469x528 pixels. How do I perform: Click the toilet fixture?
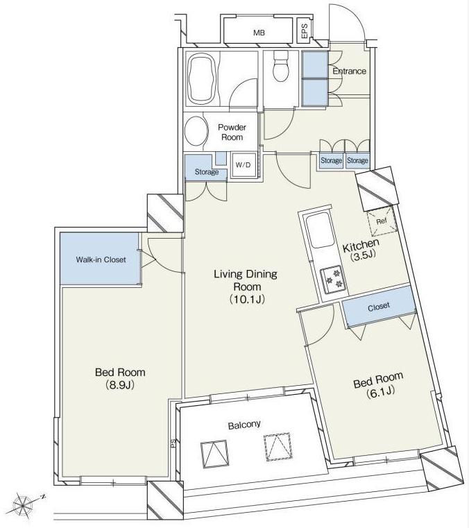pyautogui.click(x=281, y=66)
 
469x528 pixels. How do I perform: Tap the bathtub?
pyautogui.click(x=201, y=79)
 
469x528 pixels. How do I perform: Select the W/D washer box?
pyautogui.click(x=244, y=164)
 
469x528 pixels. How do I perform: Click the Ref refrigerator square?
pyautogui.click(x=382, y=221)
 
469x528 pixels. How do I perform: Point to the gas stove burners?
pyautogui.click(x=333, y=278)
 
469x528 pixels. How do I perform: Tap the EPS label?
pyautogui.click(x=305, y=31)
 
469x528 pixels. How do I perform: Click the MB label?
pyautogui.click(x=259, y=33)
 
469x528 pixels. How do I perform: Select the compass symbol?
pyautogui.click(x=24, y=504)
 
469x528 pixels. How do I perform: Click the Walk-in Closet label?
pyautogui.click(x=101, y=259)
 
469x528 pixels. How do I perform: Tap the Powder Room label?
pyautogui.click(x=232, y=132)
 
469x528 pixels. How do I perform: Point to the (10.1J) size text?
pyautogui.click(x=247, y=299)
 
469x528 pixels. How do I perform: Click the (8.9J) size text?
pyautogui.click(x=120, y=384)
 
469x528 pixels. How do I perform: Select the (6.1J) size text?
pyautogui.click(x=380, y=391)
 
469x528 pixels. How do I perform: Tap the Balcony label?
pyautogui.click(x=244, y=425)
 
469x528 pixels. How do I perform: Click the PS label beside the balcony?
pyautogui.click(x=173, y=444)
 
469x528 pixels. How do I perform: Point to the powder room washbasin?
pyautogui.click(x=196, y=131)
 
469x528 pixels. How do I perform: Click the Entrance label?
pyautogui.click(x=349, y=71)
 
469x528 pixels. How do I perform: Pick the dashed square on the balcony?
pyautogui.click(x=278, y=447)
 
